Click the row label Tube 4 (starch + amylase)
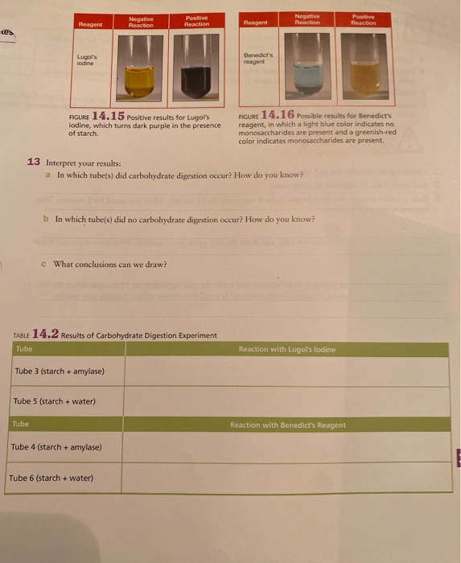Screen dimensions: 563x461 (56, 447)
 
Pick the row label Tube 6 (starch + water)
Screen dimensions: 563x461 (51, 478)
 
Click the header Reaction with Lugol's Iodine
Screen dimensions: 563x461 (286, 349)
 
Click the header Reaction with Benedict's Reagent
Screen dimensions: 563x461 (287, 425)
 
